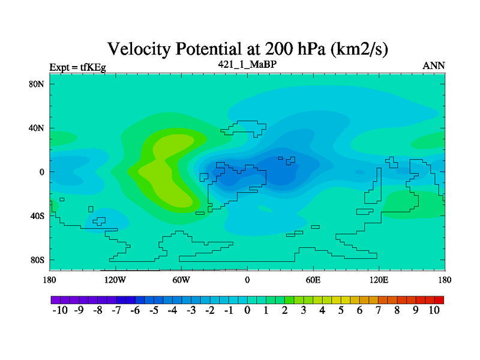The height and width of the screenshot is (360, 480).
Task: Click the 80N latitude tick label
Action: (37, 84)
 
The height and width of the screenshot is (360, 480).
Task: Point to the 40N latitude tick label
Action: (37, 128)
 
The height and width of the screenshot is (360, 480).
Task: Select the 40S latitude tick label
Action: (37, 216)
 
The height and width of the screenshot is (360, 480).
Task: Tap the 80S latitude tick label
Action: (37, 260)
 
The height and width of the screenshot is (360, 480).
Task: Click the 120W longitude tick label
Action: (115, 280)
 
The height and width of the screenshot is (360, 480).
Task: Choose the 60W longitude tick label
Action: (181, 280)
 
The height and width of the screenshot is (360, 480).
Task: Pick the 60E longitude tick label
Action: (313, 280)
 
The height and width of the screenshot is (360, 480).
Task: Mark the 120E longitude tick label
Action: (379, 280)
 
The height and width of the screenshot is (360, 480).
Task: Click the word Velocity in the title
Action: (139, 49)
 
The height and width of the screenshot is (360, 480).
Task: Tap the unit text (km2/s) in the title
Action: (359, 49)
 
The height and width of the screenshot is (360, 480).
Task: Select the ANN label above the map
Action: (434, 66)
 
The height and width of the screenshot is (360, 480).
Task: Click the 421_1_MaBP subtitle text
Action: (247, 64)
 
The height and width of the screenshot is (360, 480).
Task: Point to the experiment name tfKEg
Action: (93, 67)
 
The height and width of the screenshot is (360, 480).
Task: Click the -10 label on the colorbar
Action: (60, 310)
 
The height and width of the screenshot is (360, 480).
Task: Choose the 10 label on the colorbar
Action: (434, 310)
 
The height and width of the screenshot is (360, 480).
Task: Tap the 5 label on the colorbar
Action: (341, 310)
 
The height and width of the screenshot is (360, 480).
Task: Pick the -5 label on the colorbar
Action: (154, 310)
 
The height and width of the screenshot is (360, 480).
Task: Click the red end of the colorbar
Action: (439, 300)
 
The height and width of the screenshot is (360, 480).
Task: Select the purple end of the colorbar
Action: (56, 300)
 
